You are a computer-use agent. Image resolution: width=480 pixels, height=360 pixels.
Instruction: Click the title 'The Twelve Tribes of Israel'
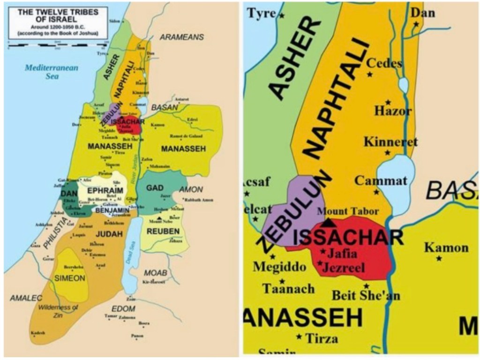tap(59, 17)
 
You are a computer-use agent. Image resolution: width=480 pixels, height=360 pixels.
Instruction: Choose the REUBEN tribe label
tap(163, 231)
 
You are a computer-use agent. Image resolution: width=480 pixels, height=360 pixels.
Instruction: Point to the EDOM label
tap(123, 309)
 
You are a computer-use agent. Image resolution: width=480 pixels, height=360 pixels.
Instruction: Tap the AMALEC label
tap(26, 298)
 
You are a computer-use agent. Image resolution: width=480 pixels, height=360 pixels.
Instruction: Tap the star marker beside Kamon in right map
tap(439, 259)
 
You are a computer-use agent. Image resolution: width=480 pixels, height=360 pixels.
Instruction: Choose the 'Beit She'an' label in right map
tap(359, 296)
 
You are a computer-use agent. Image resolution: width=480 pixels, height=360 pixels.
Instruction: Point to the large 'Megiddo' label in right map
tap(279, 267)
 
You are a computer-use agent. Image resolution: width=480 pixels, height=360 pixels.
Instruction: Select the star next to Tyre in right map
tap(283, 16)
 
